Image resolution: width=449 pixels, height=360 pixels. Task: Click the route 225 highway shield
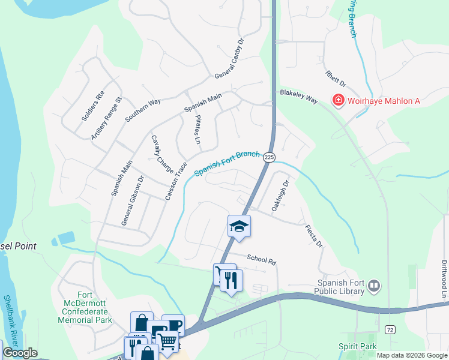[269, 157]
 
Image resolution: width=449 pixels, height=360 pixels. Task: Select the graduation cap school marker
[239, 226]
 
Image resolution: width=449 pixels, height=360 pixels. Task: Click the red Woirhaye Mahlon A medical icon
[338, 100]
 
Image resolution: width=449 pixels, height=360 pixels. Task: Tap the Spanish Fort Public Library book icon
[374, 286]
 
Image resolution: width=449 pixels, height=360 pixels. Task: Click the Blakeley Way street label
[298, 97]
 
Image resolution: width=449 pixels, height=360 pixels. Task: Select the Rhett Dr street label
[336, 79]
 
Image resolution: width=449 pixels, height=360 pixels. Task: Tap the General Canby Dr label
[229, 59]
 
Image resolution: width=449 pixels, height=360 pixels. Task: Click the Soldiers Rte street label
[93, 106]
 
